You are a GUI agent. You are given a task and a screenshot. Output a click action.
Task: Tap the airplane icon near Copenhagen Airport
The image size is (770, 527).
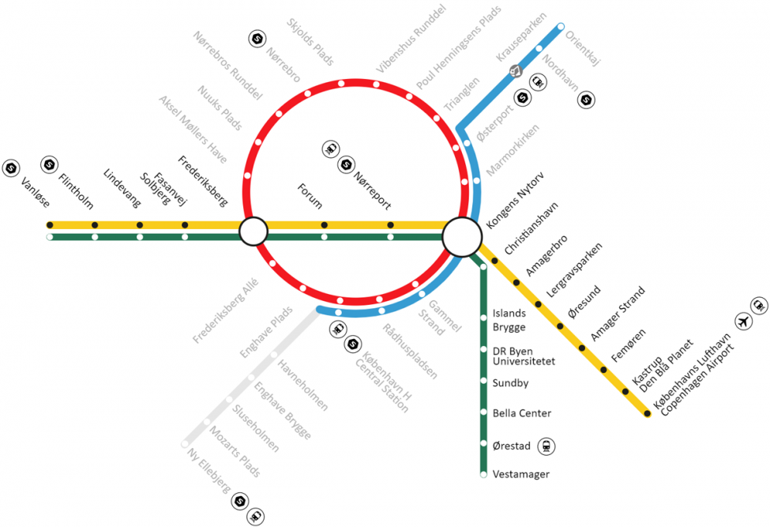[742, 322]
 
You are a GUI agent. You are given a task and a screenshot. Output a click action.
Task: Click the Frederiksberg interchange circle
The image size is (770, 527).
[254, 232]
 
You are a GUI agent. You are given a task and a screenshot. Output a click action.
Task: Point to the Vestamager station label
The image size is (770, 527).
[520, 474]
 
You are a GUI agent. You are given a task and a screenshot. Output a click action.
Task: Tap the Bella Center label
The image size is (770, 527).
[521, 413]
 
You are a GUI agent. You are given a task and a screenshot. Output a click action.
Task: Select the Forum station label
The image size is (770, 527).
[310, 196]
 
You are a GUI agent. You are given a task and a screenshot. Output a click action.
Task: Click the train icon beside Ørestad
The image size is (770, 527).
[546, 446]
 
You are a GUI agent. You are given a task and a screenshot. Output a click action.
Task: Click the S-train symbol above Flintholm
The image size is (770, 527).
[49, 164]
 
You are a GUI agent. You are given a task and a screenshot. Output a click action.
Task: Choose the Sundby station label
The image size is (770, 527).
[510, 383]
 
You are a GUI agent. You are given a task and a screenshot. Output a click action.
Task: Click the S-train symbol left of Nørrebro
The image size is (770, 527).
[257, 38]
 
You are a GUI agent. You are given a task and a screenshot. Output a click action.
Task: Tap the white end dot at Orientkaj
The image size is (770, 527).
[561, 27]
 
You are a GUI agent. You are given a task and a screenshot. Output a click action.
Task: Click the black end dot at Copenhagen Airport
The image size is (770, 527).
[648, 413]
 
